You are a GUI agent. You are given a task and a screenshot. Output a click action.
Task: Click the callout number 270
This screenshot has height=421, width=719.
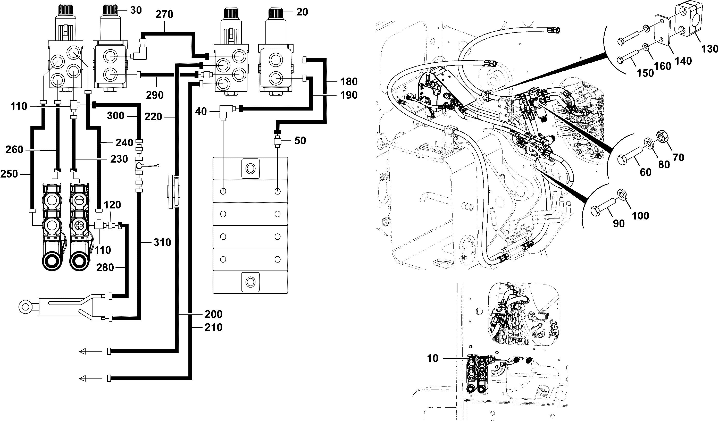tap(164, 14)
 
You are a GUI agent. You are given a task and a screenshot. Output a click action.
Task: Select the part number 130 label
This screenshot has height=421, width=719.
tap(710, 49)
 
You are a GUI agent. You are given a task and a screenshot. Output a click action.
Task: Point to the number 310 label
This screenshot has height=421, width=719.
tap(162, 242)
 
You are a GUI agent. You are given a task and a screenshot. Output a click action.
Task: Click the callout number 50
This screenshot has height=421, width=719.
tap(300, 141)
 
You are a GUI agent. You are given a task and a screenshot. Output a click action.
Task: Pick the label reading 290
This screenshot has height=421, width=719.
tap(155, 95)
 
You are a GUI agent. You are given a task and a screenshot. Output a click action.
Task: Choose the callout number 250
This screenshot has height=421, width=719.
tap(9, 174)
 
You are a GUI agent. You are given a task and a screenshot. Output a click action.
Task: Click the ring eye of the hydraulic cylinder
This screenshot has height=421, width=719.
tap(25, 307)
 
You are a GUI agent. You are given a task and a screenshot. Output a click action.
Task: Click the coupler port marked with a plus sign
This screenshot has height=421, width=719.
tap(79, 226)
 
